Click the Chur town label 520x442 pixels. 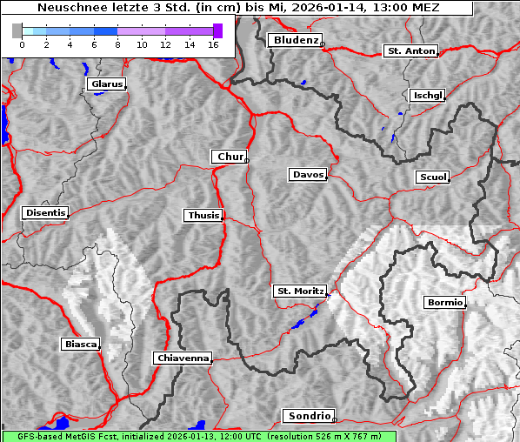click(x=230, y=157)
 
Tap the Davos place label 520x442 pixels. click(x=308, y=175)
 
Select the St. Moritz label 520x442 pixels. click(x=300, y=291)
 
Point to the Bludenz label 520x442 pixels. click(x=294, y=40)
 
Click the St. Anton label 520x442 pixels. click(x=410, y=51)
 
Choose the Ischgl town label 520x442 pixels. click(x=427, y=95)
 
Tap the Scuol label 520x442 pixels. click(x=432, y=177)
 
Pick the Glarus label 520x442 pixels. click(x=105, y=84)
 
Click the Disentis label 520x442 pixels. click(x=45, y=213)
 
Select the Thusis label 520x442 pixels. click(x=203, y=215)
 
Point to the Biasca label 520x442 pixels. click(x=80, y=345)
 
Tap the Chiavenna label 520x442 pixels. click(x=183, y=358)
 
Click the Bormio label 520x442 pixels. click(x=444, y=303)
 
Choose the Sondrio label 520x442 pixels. click(x=308, y=416)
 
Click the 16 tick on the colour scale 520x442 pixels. click(x=212, y=44)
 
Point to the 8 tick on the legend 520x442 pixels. click(x=117, y=44)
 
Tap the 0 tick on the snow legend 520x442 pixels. click(x=22, y=44)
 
